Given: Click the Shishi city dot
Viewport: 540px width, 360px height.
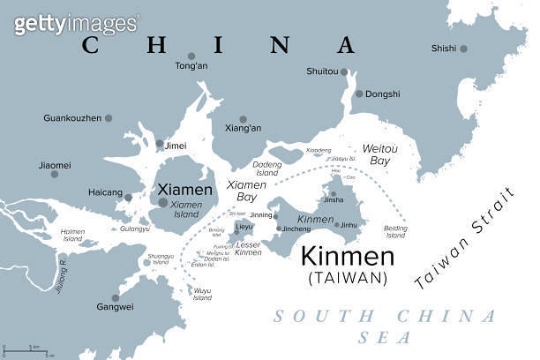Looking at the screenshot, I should coord(463,49).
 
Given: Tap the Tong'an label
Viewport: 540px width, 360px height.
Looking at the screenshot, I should coord(191,66).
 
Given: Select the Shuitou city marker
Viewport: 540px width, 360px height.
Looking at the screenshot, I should coord(345,71).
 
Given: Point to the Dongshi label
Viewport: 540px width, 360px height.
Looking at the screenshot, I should coord(383,94).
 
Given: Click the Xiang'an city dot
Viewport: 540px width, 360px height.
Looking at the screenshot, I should coord(244,119).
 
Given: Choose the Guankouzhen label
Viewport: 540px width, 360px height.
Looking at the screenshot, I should coord(72,117).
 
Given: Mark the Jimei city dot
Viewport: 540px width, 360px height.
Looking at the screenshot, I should coord(160,144).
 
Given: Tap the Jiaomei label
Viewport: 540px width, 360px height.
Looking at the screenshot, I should coord(54,164).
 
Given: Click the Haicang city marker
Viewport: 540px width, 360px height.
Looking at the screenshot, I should coord(128,198).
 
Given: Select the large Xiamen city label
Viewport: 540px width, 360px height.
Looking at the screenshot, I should coord(184,190).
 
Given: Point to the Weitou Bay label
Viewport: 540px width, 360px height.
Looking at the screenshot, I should coord(380,155).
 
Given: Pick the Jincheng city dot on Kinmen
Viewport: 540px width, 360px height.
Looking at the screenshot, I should coord(279,229).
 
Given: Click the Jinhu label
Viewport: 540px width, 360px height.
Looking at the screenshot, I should coord(349,225).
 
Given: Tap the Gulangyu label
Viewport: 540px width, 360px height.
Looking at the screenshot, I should coord(135,229).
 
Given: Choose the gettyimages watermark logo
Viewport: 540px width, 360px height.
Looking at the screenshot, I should coord(77,24).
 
